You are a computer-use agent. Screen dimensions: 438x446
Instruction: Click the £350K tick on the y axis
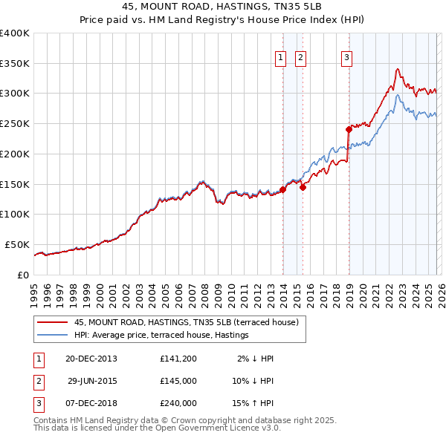click(x=15, y=64)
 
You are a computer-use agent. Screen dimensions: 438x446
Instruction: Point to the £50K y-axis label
click(x=17, y=244)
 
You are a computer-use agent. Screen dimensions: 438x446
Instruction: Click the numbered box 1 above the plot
click(x=281, y=58)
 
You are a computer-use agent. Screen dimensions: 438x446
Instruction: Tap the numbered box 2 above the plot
click(x=300, y=58)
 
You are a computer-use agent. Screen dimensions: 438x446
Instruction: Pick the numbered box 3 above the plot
click(x=347, y=58)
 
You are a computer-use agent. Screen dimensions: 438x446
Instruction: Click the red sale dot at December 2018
click(x=349, y=129)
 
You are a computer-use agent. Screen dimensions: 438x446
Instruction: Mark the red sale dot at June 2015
click(x=303, y=187)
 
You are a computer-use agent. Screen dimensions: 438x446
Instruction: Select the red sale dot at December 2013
click(x=283, y=189)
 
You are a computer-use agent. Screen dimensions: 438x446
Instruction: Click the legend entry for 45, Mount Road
click(x=186, y=322)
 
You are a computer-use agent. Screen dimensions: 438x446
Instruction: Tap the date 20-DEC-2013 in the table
click(x=91, y=359)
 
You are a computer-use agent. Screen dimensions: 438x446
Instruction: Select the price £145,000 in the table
click(x=178, y=381)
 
